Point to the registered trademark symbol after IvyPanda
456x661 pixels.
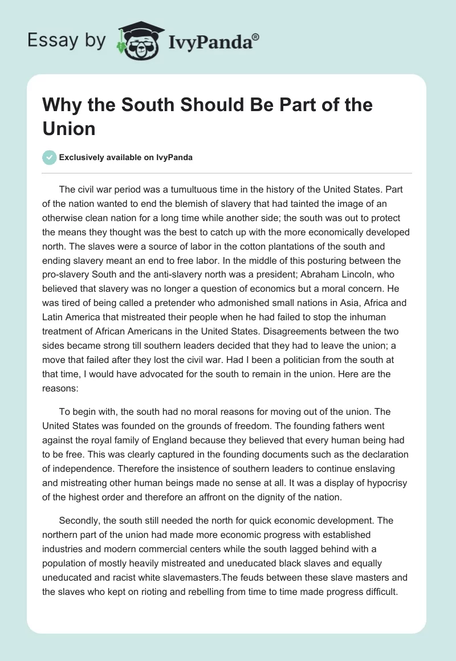256,36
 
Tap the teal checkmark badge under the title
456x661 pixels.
50,157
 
